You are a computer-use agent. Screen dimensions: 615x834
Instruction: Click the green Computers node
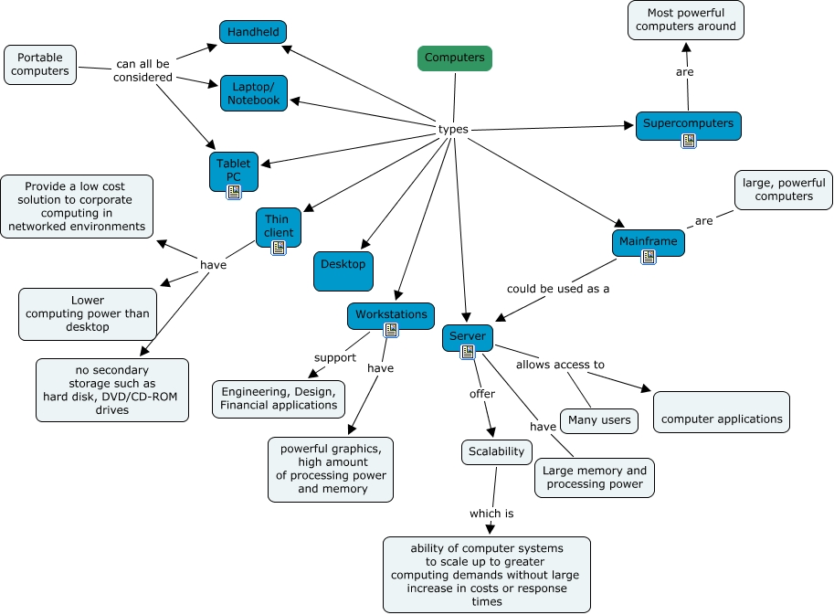[x=455, y=58]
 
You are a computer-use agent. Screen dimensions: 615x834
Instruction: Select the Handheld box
[x=253, y=32]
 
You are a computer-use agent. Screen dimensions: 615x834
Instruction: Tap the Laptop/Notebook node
[x=254, y=93]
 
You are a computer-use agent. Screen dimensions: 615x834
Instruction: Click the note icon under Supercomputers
[x=689, y=141]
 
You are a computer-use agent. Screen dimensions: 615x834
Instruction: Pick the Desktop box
[x=343, y=270]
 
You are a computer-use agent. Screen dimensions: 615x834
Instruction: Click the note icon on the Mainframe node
[x=649, y=257]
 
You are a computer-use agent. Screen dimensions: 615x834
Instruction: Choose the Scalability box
[x=497, y=451]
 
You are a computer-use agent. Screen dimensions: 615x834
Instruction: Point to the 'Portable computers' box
[x=40, y=64]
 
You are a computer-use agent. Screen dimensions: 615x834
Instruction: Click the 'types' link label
[x=453, y=130]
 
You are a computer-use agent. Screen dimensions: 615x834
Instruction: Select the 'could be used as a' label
[x=559, y=289]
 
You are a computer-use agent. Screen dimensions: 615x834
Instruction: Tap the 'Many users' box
[x=599, y=420]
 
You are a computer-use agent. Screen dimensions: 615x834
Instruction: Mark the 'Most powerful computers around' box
[x=686, y=20]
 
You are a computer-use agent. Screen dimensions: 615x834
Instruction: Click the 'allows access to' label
[x=560, y=365]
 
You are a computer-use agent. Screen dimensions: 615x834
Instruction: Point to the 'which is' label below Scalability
[x=491, y=514]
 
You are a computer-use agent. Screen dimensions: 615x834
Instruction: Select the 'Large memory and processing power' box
[x=595, y=477]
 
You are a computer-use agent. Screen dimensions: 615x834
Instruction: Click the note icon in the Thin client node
[x=279, y=248]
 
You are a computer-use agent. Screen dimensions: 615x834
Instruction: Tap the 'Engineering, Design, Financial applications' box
[x=279, y=398]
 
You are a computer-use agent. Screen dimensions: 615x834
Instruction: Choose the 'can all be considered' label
[x=143, y=71]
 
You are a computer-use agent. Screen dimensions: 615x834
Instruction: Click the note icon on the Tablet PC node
[x=234, y=192]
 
